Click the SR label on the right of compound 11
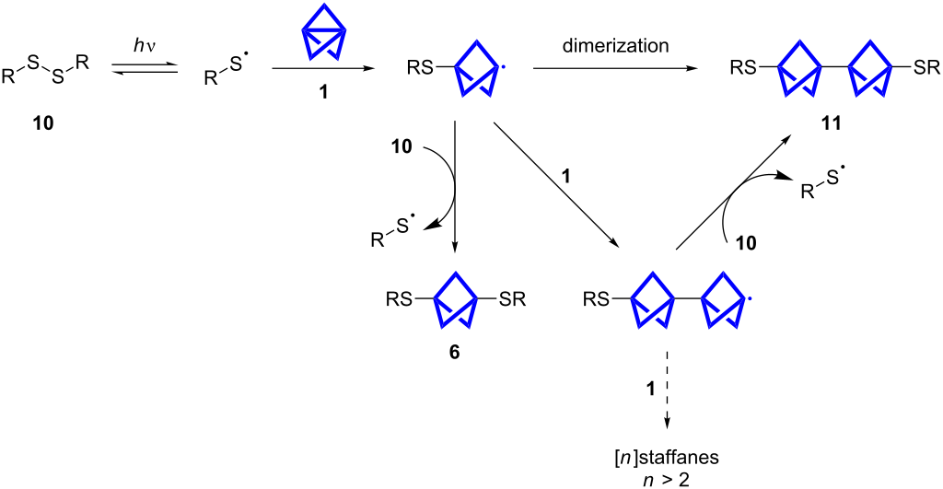pyautogui.click(x=924, y=67)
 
